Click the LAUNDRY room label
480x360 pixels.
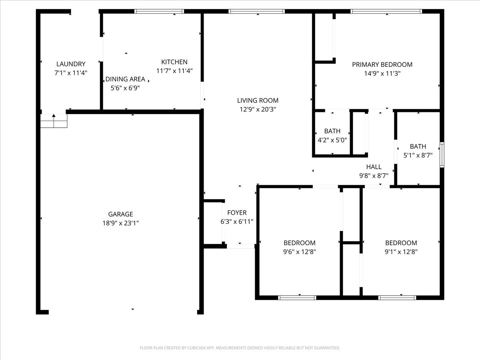[71, 64]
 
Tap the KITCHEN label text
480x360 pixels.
[174, 62]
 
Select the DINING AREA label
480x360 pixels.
[125, 79]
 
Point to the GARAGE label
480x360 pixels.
[120, 214]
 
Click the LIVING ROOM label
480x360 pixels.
[258, 100]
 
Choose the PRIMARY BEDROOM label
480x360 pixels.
[382, 64]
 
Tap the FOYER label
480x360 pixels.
[237, 213]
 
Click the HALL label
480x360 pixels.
[374, 167]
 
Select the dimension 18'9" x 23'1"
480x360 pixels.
[120, 223]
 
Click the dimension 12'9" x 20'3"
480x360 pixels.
[258, 109]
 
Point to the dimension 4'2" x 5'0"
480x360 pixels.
[332, 140]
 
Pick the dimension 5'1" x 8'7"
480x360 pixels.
[418, 156]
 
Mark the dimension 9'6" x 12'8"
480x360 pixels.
[299, 252]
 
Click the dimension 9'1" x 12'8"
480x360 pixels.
[401, 252]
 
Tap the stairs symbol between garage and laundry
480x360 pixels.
[54, 121]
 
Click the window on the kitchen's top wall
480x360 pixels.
[159, 12]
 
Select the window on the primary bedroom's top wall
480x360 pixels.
[386, 12]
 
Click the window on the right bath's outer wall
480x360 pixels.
[442, 154]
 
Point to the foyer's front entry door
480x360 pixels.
[240, 246]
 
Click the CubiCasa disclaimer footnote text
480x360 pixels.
[240, 348]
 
